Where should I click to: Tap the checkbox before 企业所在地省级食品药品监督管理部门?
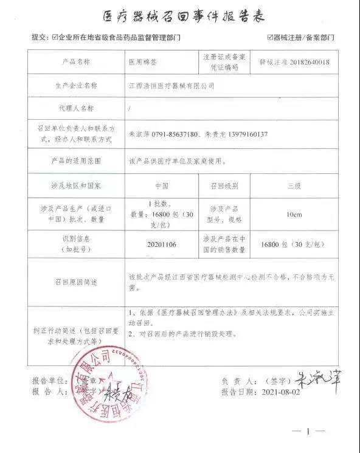[x=55, y=38]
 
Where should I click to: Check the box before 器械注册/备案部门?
[x=270, y=38]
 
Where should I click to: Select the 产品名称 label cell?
[x=77, y=62]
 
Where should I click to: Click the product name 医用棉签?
[x=142, y=62]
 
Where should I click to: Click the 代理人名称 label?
[x=77, y=109]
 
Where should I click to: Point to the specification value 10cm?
[x=294, y=215]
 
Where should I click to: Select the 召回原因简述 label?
[x=77, y=282]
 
